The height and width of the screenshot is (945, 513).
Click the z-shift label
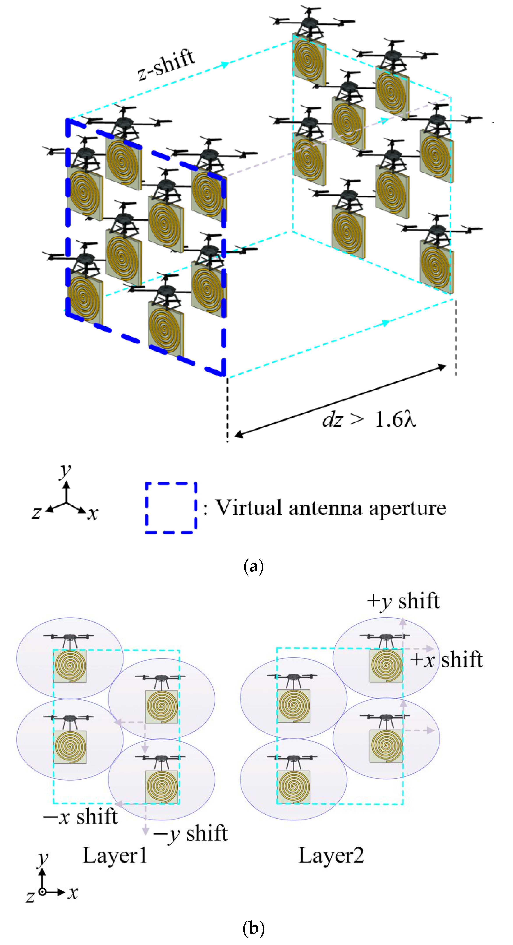click(x=166, y=65)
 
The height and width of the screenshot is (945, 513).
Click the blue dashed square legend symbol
click(x=171, y=508)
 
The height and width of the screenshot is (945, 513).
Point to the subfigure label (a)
click(x=253, y=567)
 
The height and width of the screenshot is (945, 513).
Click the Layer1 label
click(x=115, y=856)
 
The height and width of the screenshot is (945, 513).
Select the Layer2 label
click(x=331, y=856)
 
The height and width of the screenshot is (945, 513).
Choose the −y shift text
click(x=191, y=833)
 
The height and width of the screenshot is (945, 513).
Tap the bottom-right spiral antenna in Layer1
click(x=161, y=787)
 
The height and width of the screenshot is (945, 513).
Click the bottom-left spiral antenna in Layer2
click(x=293, y=787)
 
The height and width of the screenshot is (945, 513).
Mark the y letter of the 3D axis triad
click(x=65, y=470)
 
